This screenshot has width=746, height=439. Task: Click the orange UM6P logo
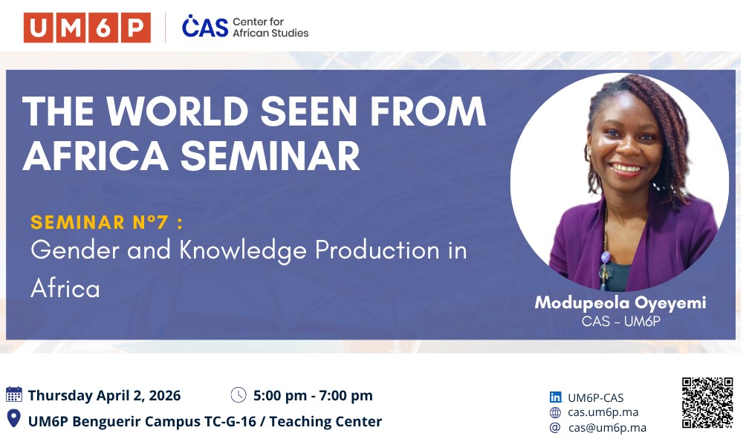pos(87,28)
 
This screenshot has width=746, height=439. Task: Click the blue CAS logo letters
pos(205,26)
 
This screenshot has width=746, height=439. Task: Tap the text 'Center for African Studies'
pos(270,27)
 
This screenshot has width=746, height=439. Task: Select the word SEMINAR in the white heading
pos(270,156)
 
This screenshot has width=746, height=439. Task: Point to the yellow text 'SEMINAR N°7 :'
pos(106,222)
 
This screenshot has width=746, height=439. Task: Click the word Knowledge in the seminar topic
pos(243,250)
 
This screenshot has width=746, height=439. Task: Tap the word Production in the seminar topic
pos(377,250)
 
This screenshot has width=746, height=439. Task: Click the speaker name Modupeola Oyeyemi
pos(620,303)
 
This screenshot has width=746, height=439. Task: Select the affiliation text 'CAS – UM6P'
pos(620,322)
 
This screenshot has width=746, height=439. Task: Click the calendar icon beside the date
pos(14,394)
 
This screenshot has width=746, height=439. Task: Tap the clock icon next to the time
pos(239,394)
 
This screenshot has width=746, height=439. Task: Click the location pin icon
pos(14,418)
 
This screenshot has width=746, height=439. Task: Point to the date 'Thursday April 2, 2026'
pos(104,396)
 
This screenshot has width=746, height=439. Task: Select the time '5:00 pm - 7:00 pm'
pos(313,396)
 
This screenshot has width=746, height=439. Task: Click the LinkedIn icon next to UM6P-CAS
pos(555,397)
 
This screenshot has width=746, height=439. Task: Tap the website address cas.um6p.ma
pos(603,412)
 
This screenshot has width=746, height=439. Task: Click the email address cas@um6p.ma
pos(607,428)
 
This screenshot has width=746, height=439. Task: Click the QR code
pos(707,403)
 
